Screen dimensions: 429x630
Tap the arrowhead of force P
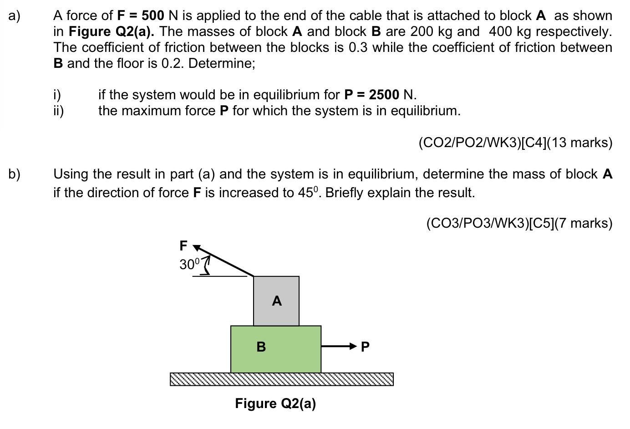coord(352,347)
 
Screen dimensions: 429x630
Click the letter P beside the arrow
coord(365,347)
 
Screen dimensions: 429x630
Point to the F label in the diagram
coord(183,246)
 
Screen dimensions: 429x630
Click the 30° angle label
coord(189,265)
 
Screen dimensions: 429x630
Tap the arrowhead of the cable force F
coord(197,248)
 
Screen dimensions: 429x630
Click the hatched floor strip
coord(281,379)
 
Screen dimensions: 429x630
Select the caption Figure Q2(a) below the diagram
coord(275,403)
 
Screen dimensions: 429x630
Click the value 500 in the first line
coord(152,15)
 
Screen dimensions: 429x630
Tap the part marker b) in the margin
coord(14,174)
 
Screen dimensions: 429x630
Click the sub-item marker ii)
coord(58,111)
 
